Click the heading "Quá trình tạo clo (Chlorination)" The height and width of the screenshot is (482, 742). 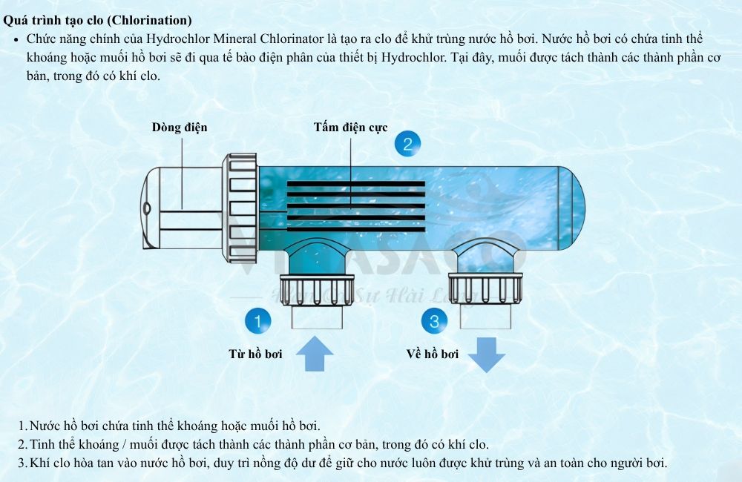click(x=97, y=20)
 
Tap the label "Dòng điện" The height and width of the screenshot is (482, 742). click(x=180, y=128)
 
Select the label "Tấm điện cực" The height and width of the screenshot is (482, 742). click(x=350, y=128)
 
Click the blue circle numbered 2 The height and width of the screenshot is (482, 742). click(x=407, y=143)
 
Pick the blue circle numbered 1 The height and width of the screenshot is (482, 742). click(x=257, y=321)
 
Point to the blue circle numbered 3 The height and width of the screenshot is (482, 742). click(x=434, y=321)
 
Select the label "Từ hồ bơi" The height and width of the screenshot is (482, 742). click(x=255, y=354)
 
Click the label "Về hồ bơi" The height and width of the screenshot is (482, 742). click(x=433, y=354)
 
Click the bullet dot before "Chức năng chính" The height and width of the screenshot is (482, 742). click(x=16, y=39)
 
